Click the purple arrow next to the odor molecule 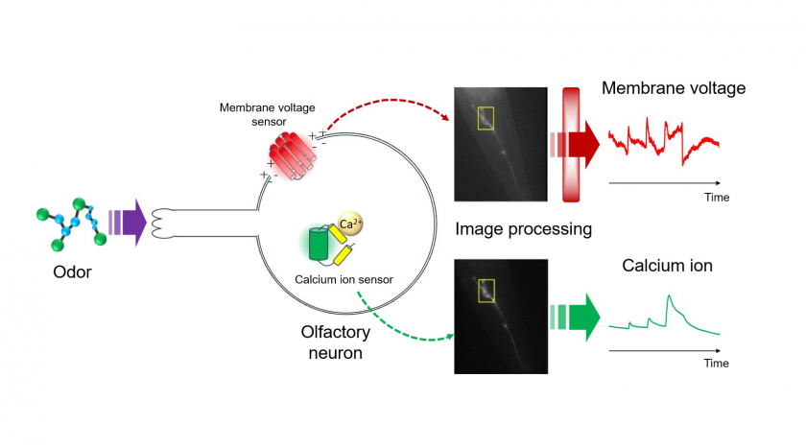click(x=129, y=223)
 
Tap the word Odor click(x=72, y=271)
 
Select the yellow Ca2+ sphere click(x=351, y=224)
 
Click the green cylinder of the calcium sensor click(x=319, y=243)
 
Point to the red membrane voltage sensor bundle click(x=293, y=156)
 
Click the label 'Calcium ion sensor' click(x=344, y=279)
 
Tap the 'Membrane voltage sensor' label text click(x=268, y=114)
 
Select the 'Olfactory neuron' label click(x=336, y=342)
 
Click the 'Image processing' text click(x=523, y=228)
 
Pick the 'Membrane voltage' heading click(x=674, y=88)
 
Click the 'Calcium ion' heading click(x=667, y=266)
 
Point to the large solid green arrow click(x=575, y=317)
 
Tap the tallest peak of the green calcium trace click(x=669, y=295)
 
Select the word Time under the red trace click(x=717, y=198)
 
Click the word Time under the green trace click(x=716, y=364)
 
